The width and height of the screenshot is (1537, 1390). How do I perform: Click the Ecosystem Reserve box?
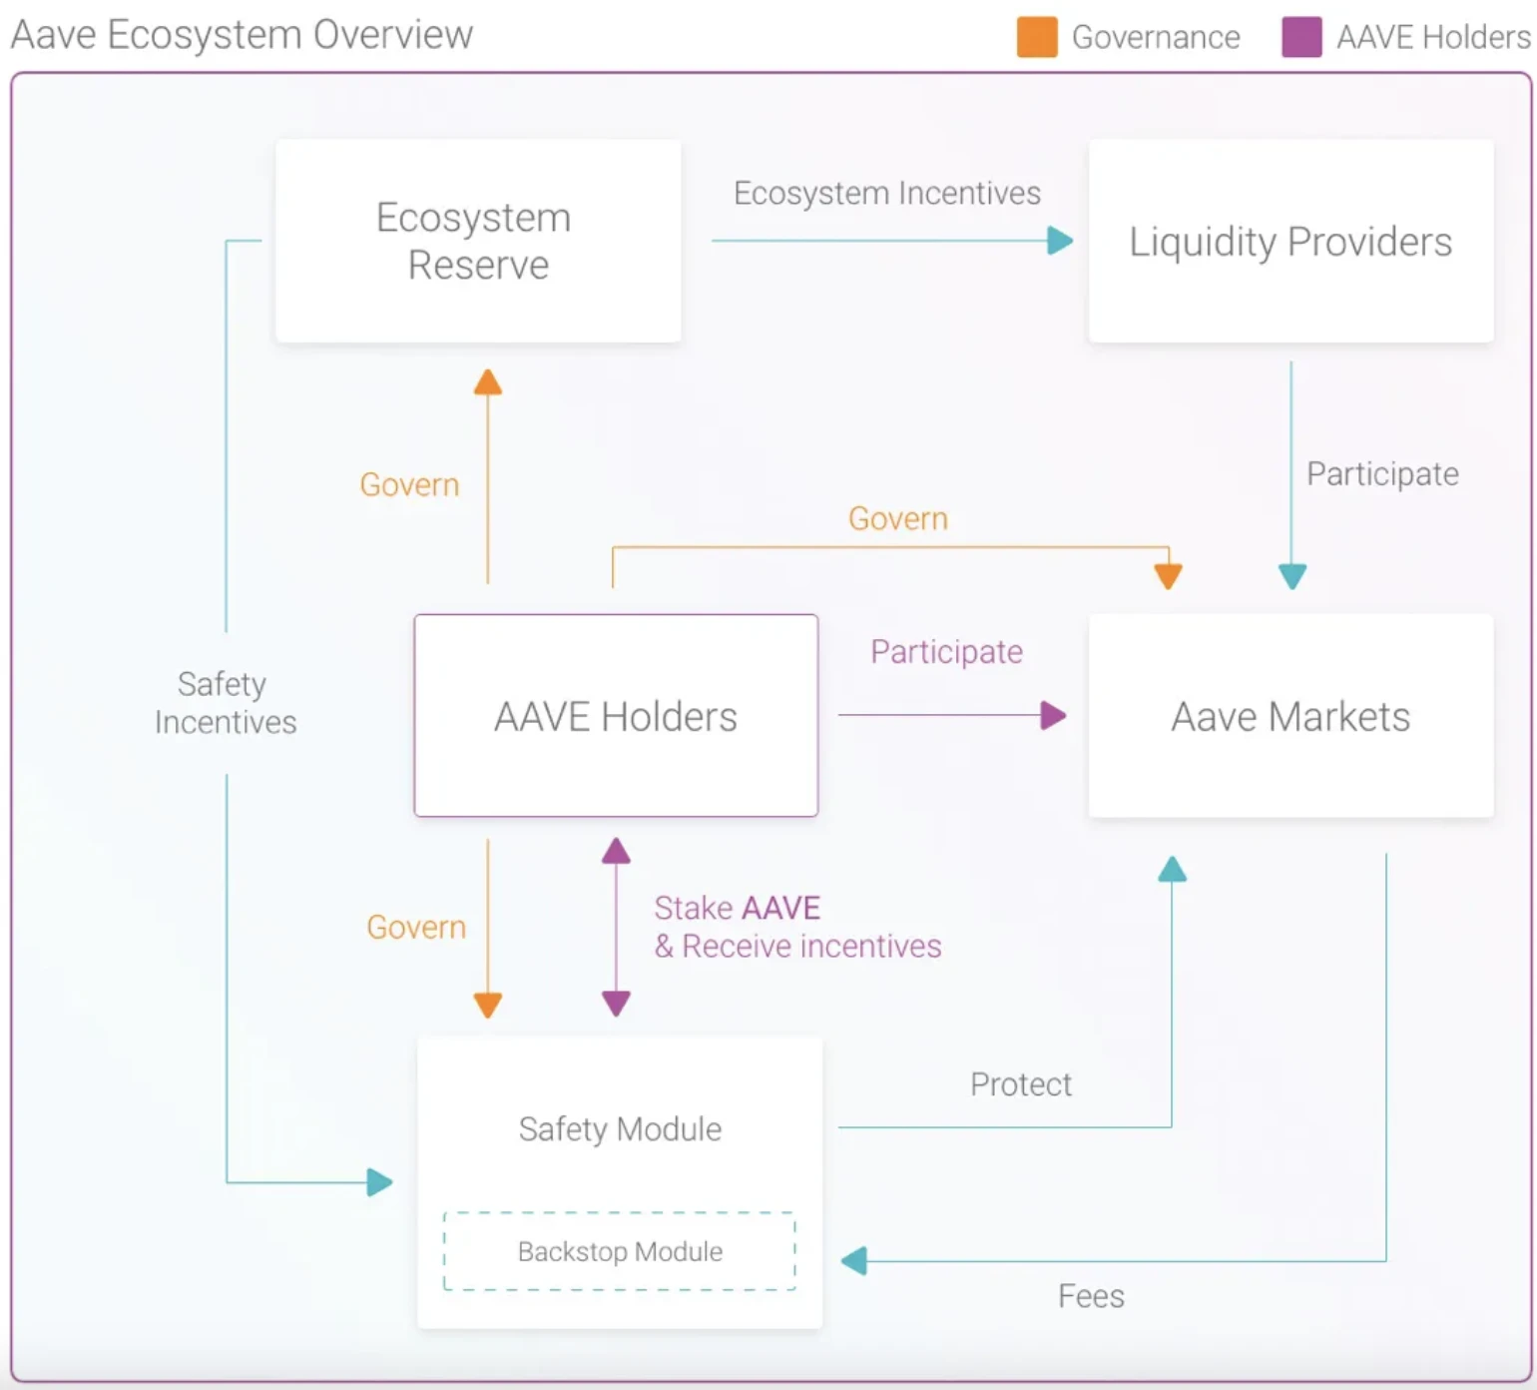(478, 241)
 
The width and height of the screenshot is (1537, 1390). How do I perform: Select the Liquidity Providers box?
(1290, 241)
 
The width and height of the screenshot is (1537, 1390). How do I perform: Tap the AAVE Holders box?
(616, 716)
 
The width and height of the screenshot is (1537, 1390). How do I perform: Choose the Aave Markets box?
(1290, 716)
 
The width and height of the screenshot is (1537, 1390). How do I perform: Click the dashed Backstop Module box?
(620, 1251)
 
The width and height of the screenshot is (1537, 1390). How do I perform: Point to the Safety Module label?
(620, 1128)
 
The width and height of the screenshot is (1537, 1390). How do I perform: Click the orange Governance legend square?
(1037, 37)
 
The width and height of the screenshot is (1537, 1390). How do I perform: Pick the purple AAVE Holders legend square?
(1301, 37)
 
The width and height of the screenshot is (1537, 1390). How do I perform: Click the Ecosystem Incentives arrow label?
(886, 193)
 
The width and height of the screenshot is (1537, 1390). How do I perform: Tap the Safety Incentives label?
(225, 703)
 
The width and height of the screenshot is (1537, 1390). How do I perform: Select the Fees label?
(1091, 1296)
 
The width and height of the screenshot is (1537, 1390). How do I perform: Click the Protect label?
(1020, 1084)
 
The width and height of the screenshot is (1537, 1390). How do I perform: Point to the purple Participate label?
(946, 651)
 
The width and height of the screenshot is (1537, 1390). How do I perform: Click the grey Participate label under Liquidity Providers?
(1382, 473)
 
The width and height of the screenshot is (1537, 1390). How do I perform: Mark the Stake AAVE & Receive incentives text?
(796, 927)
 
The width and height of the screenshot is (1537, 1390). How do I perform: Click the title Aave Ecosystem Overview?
(242, 35)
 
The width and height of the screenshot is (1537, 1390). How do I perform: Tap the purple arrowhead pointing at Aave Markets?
(1053, 715)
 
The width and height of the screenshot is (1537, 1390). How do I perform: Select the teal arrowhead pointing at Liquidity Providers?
(1060, 241)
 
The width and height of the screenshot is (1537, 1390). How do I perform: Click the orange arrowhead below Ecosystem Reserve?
(488, 382)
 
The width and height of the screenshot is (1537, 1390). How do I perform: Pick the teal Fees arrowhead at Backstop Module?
(854, 1261)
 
